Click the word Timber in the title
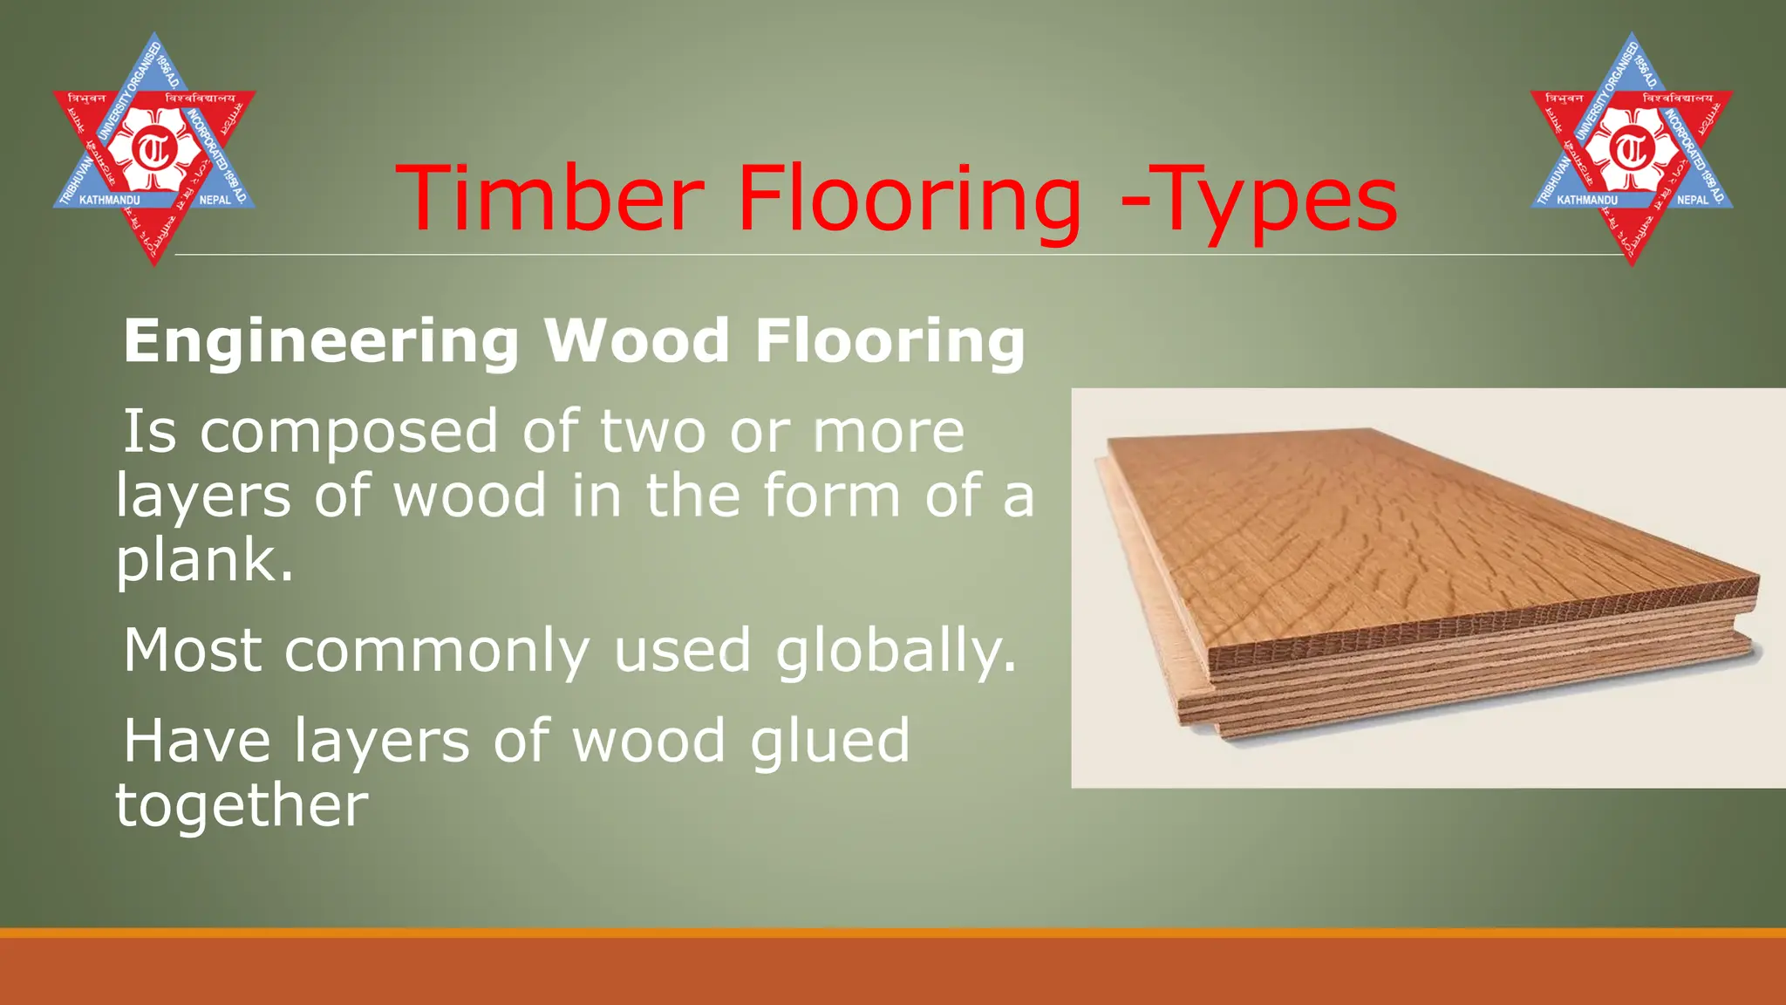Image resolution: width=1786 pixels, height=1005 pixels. point(550,198)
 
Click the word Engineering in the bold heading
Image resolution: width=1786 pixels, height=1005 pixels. point(322,342)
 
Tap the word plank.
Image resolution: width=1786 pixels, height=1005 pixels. point(204,561)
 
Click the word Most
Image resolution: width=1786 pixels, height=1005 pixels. point(193,650)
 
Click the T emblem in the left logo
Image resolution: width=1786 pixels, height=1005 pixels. point(153,150)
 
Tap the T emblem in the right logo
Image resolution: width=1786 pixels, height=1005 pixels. point(1631,150)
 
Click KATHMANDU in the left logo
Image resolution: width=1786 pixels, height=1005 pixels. point(109,201)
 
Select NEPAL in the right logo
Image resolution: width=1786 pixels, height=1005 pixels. point(1693,201)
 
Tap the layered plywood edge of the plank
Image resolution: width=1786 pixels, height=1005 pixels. point(1483,663)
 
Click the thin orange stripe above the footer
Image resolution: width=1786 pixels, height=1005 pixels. point(893,933)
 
